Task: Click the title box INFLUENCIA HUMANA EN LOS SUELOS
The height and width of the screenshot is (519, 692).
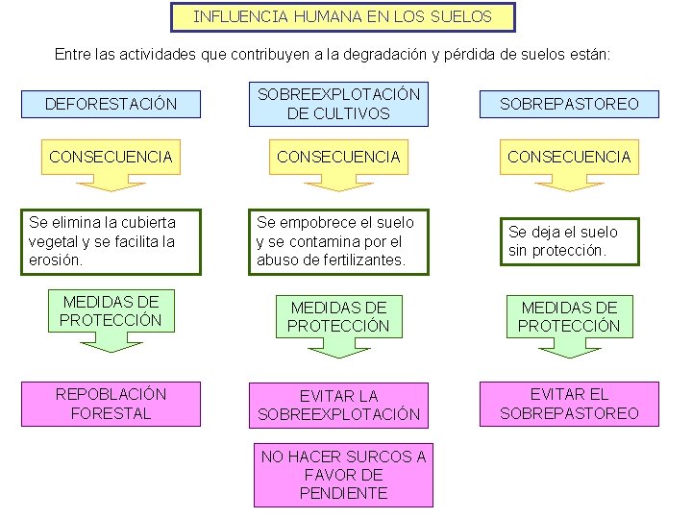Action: pyautogui.click(x=342, y=17)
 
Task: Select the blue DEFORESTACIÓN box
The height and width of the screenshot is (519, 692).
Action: pyautogui.click(x=111, y=104)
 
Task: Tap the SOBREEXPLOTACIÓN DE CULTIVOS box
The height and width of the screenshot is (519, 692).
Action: pyautogui.click(x=338, y=104)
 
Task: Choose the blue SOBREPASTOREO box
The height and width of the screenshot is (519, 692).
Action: pyautogui.click(x=569, y=104)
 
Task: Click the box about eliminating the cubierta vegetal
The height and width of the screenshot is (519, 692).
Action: pyautogui.click(x=111, y=241)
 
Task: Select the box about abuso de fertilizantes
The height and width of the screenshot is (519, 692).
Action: pyautogui.click(x=338, y=241)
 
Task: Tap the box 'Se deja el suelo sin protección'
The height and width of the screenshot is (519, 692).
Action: pyautogui.click(x=568, y=241)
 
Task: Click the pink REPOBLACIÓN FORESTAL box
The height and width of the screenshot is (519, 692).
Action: pyautogui.click(x=111, y=404)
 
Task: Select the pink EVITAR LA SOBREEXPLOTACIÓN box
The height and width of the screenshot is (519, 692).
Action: pyautogui.click(x=338, y=405)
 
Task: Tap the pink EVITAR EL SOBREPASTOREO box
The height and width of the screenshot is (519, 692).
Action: pyautogui.click(x=569, y=404)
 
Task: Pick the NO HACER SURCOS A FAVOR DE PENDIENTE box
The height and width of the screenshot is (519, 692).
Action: pyautogui.click(x=343, y=475)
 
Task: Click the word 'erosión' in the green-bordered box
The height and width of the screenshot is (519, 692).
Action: pyautogui.click(x=56, y=259)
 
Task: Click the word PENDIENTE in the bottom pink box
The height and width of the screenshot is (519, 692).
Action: pyautogui.click(x=343, y=493)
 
